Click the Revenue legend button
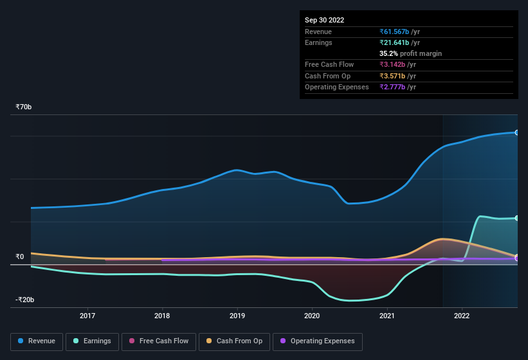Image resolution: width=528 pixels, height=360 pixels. point(37,341)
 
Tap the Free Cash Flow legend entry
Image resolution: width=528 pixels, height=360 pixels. point(159,341)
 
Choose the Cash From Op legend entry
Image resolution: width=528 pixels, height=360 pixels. point(235,341)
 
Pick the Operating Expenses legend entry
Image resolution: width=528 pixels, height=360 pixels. point(317,341)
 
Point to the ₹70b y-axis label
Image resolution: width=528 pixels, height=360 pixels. point(24,107)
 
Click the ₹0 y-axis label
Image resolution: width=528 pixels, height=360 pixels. point(20,256)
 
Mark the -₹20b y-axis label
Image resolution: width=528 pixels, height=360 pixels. point(25,300)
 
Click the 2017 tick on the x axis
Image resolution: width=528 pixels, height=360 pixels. point(87,316)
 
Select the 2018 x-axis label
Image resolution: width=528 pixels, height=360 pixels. point(162,316)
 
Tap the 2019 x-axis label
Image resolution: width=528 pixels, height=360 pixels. point(237,316)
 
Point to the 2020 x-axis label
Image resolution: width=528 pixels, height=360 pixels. point(312,316)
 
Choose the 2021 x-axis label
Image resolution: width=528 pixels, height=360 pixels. point(387,316)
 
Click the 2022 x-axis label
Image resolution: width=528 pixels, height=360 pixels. point(462,316)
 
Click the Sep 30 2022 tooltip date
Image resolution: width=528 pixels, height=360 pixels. point(325,20)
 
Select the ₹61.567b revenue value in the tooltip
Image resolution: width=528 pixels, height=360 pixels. point(399,32)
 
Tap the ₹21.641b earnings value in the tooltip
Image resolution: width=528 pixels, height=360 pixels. point(399,42)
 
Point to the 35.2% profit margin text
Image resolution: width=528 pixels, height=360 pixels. point(410,53)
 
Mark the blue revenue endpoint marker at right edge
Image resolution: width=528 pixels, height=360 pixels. point(516,132)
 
